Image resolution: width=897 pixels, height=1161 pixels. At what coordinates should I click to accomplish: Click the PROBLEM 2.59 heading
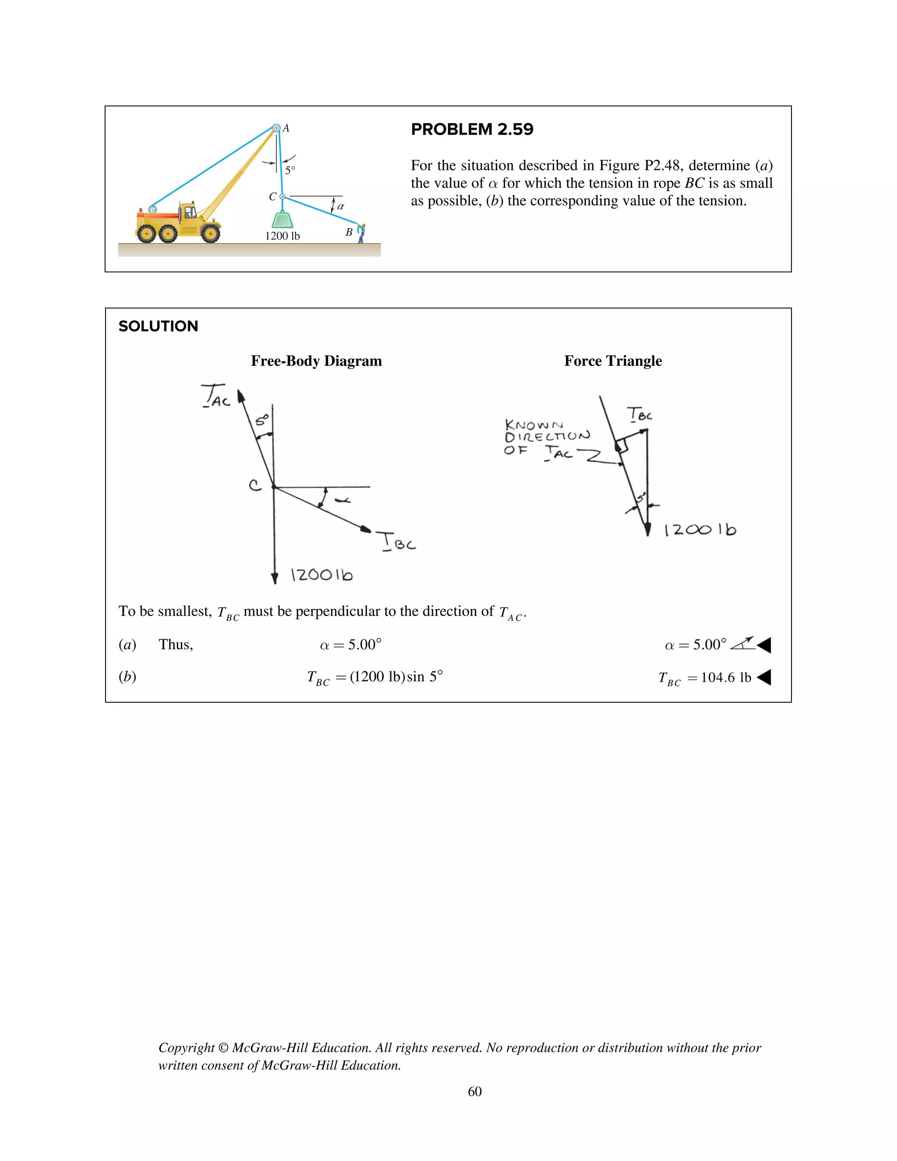click(x=472, y=129)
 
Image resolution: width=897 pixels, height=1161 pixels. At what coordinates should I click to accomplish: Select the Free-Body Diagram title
click(x=316, y=361)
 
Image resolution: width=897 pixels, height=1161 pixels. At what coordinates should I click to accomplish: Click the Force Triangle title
click(x=613, y=361)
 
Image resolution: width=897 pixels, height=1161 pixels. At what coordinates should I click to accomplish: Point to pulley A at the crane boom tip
click(x=276, y=128)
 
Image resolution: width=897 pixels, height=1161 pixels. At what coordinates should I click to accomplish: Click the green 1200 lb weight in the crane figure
click(x=282, y=219)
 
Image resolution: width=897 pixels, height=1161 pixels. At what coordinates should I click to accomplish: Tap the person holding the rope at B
click(x=361, y=233)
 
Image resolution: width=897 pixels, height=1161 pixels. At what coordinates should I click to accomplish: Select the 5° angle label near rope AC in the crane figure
click(x=290, y=170)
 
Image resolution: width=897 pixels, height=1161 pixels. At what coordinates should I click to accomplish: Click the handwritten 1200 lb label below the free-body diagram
click(x=321, y=575)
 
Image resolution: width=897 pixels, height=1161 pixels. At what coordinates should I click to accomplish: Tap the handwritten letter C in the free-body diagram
click(x=255, y=485)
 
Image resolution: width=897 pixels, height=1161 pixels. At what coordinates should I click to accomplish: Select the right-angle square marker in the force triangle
click(x=622, y=446)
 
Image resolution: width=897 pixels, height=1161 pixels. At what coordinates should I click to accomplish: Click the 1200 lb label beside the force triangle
click(x=700, y=530)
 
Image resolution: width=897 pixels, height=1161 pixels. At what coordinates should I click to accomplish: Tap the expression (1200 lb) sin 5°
click(x=396, y=677)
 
